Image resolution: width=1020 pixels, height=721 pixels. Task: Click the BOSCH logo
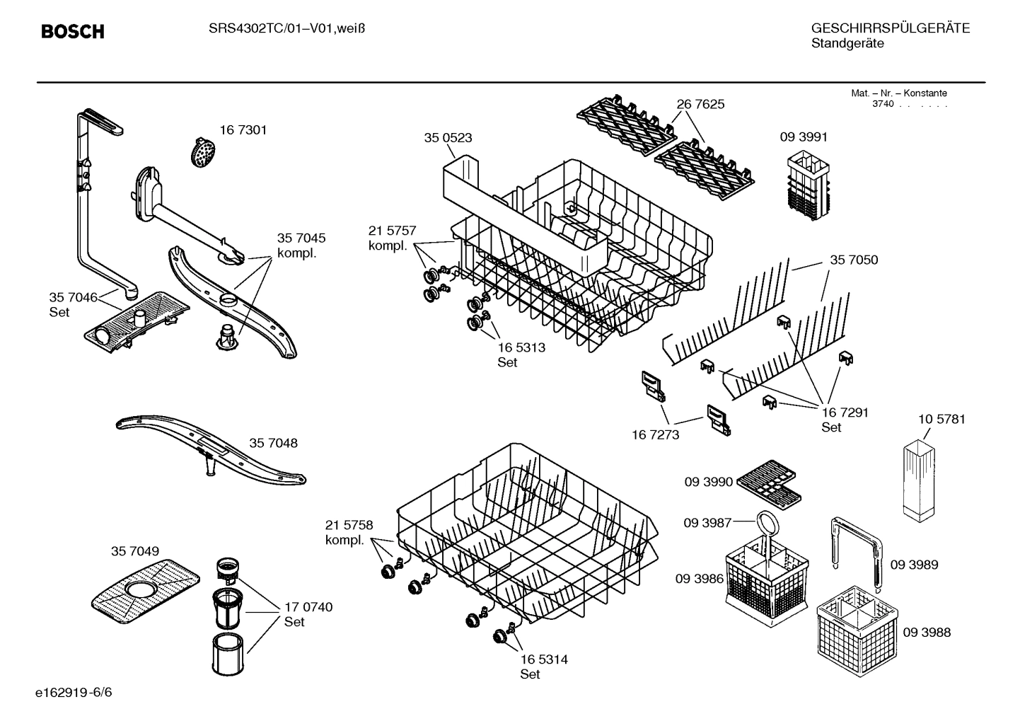[72, 31]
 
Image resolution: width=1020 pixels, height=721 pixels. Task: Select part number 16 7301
[243, 130]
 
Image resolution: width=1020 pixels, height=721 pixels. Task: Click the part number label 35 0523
[448, 138]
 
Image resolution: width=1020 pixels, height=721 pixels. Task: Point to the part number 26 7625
[700, 104]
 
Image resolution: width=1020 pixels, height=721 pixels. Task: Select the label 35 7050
[854, 260]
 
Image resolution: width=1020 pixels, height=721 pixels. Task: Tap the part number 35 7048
[273, 443]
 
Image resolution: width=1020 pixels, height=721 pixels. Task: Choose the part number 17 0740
[308, 607]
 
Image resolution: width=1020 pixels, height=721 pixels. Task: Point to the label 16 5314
[543, 659]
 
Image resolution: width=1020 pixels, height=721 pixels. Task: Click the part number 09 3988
[926, 633]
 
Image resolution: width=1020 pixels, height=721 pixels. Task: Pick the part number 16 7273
[655, 434]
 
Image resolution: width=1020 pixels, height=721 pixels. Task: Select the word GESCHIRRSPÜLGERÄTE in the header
[890, 28]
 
